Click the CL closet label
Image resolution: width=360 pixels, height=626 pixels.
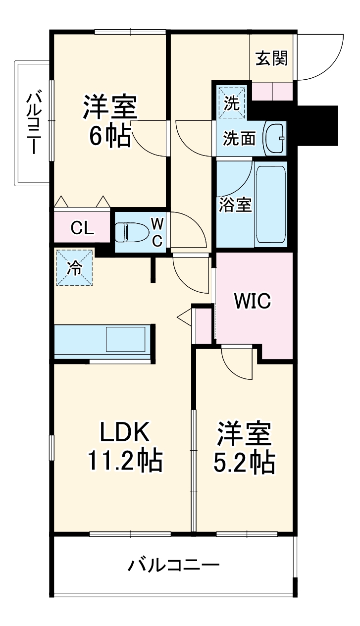coord(82,228)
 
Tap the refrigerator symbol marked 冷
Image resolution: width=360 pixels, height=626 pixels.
coord(74,268)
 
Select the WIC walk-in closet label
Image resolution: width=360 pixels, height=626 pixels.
coord(252,301)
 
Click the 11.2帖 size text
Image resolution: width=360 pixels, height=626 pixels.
coord(125,462)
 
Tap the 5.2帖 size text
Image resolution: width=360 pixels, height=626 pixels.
coord(244,463)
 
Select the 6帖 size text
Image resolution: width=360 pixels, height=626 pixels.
coord(110,135)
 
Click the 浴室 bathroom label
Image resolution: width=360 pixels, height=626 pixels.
coord(236,205)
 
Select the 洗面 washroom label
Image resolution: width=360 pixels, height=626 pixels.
coord(239,139)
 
